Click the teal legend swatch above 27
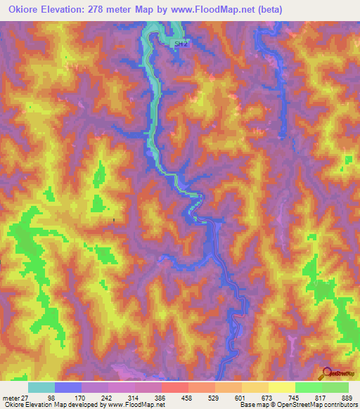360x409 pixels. [x=41, y=388]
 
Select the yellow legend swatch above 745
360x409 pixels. [x=281, y=388]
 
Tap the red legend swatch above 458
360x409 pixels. [x=174, y=388]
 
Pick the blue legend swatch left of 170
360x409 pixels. [x=68, y=388]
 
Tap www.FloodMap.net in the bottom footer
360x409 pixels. [x=134, y=405]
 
